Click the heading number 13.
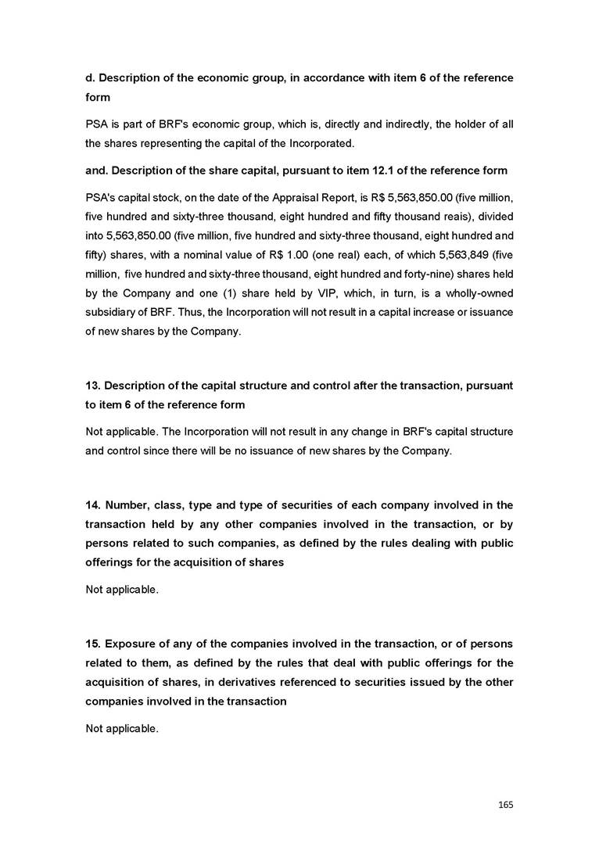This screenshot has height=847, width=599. [x=93, y=386]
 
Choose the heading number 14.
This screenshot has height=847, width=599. [x=93, y=505]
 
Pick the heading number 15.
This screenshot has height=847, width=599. [x=93, y=644]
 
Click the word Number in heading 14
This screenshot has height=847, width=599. [x=128, y=505]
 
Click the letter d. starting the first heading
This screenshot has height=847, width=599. [x=90, y=78]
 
